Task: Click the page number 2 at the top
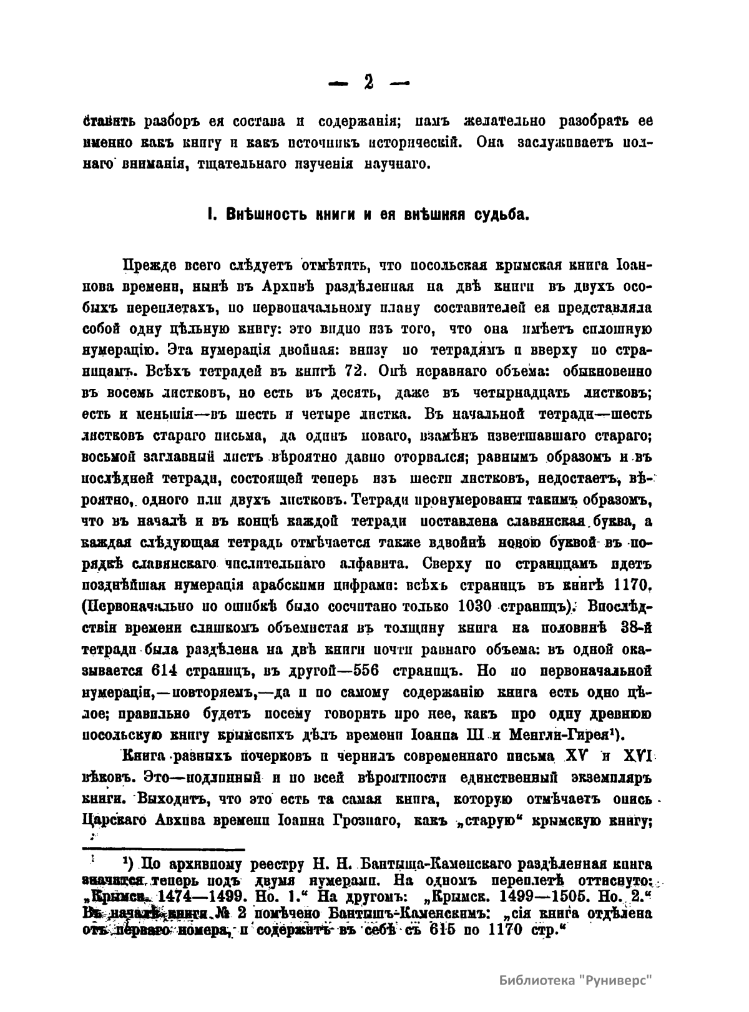[368, 82]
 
